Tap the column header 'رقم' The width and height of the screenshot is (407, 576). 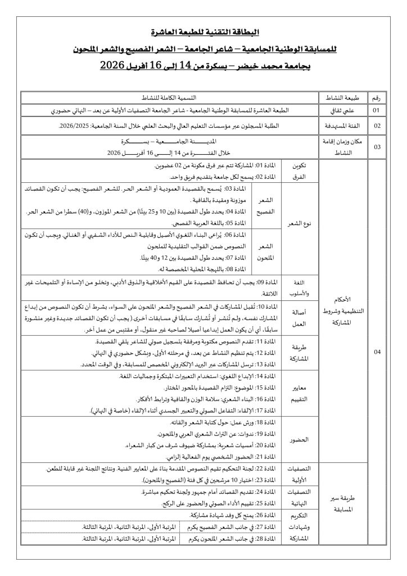tap(376, 97)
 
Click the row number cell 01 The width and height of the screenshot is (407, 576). tap(376, 109)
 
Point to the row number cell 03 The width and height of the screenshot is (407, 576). tap(376, 146)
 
